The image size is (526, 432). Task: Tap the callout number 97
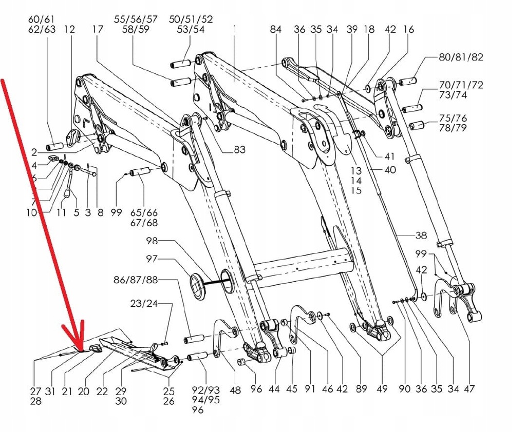tap(152, 259)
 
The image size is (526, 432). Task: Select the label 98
tap(152, 241)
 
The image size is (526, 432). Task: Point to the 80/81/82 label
tap(461, 57)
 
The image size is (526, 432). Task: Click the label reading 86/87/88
tap(136, 280)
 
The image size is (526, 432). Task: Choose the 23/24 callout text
tap(144, 303)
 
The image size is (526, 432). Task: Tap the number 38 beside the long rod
tap(421, 235)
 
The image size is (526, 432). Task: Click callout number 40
tap(390, 170)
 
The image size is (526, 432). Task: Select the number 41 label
tap(390, 156)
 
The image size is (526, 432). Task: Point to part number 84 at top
tap(276, 30)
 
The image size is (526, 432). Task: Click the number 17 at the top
tap(98, 30)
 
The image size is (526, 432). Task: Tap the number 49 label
tap(381, 389)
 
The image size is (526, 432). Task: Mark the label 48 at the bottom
tap(235, 390)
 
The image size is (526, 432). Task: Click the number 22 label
tap(102, 391)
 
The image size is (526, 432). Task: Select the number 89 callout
tap(361, 389)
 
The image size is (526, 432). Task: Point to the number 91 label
tap(309, 389)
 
